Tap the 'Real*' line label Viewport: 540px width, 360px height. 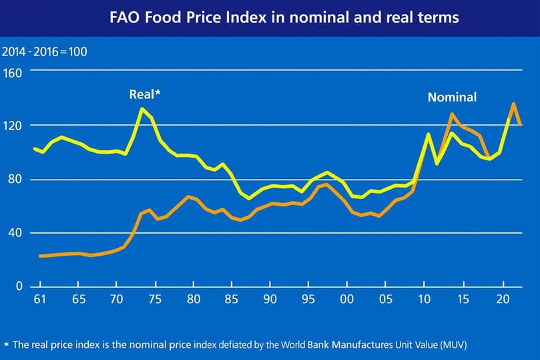[x=145, y=95]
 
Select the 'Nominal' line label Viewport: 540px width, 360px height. [x=452, y=98]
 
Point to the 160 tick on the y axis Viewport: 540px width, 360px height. [x=14, y=72]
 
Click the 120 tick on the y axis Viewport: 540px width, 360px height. [x=14, y=126]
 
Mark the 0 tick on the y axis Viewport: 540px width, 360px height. [x=19, y=287]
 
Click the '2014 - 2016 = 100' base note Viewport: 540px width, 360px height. [x=45, y=51]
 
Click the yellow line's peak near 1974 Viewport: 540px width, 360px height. [x=142, y=108]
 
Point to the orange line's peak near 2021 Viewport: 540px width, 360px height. [x=513, y=104]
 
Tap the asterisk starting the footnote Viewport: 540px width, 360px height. [x=6, y=345]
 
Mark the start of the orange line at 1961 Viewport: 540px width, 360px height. [x=40, y=256]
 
